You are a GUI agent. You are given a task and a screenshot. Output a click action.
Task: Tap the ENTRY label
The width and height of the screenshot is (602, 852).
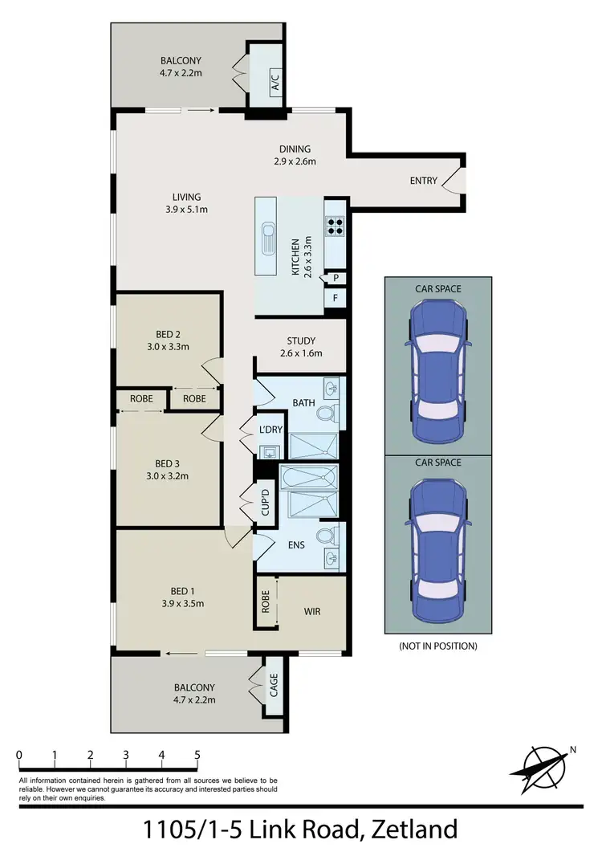(x=423, y=181)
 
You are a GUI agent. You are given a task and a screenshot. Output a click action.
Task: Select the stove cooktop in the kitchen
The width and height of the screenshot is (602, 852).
(x=334, y=226)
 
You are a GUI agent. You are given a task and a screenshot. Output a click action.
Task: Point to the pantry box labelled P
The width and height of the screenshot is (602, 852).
(x=335, y=278)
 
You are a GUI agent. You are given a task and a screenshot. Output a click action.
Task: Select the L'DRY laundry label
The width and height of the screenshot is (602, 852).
(x=270, y=430)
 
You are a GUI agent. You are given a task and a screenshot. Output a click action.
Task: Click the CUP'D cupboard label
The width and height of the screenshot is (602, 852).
(x=266, y=503)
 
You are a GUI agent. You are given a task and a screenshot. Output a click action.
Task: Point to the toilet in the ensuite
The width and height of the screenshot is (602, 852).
(x=325, y=536)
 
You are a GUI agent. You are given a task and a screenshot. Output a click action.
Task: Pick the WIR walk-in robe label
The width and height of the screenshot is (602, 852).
(x=312, y=612)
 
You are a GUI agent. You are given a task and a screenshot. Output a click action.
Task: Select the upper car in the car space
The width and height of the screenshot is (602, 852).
(x=437, y=369)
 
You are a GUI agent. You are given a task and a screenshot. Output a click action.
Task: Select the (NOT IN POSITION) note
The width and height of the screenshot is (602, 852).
(x=437, y=646)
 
